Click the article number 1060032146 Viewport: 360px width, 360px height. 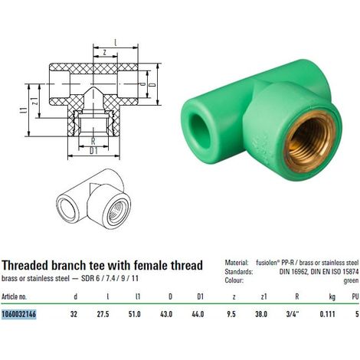pyautogui.click(x=19, y=314)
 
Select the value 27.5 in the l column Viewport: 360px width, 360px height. pyautogui.click(x=103, y=314)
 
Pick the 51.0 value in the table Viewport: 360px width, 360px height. pyautogui.click(x=135, y=314)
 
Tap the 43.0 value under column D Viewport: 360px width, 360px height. pyautogui.click(x=166, y=314)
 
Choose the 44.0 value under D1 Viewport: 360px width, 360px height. pyautogui.click(x=198, y=314)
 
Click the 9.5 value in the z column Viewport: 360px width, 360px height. pyautogui.click(x=231, y=314)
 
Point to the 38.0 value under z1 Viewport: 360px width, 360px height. pyautogui.click(x=261, y=314)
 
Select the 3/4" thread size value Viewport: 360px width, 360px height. pyautogui.click(x=293, y=314)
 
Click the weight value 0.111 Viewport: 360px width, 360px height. pyautogui.click(x=327, y=314)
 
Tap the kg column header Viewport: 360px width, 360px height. pyautogui.click(x=332, y=297)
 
